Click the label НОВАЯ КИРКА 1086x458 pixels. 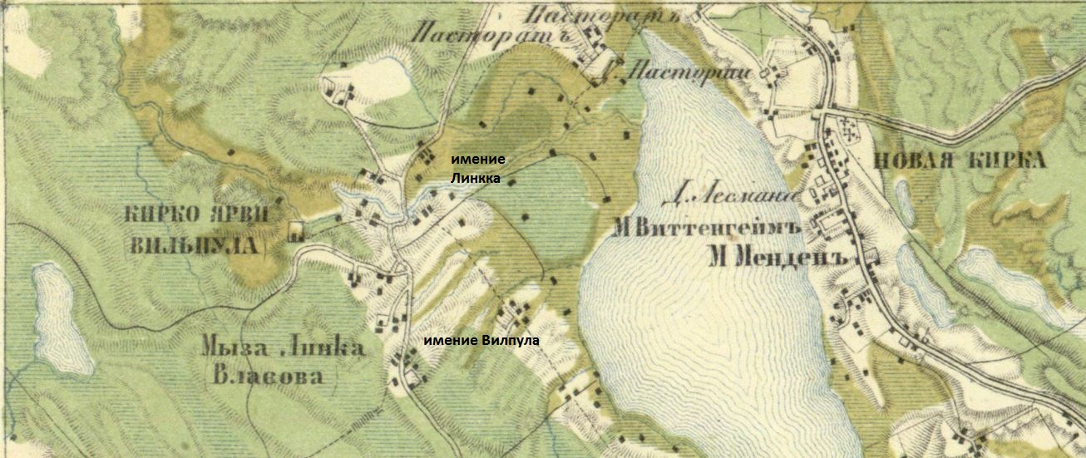(960, 161)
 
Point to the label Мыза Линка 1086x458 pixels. (284, 348)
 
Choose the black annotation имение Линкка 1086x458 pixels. (477, 167)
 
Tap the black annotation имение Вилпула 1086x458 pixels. (481, 341)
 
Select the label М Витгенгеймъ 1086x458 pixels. (705, 227)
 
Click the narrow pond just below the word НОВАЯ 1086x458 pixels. (903, 196)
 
